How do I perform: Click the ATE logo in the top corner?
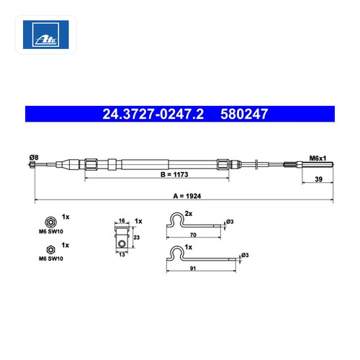tap(45, 35)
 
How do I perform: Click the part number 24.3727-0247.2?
tap(153, 114)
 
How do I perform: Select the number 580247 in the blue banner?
tap(244, 114)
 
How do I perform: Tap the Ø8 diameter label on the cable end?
tap(34, 158)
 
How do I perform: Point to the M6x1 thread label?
tap(318, 158)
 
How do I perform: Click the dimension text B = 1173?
tap(174, 174)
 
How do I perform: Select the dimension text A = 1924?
tap(187, 196)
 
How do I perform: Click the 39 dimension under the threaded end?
tap(318, 179)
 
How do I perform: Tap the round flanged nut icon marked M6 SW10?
tap(50, 222)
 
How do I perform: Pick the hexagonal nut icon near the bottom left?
tap(50, 250)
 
